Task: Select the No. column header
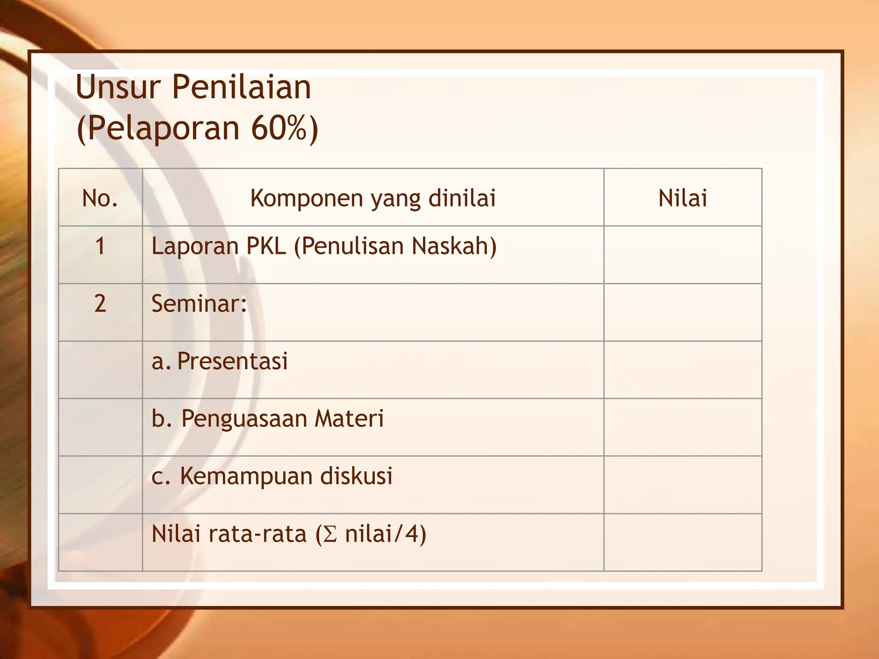[100, 198]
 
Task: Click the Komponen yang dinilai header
[373, 198]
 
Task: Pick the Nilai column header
[682, 198]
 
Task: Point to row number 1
[100, 246]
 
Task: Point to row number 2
[100, 304]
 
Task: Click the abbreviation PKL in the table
[266, 246]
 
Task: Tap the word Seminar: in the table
[199, 304]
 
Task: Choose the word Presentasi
[232, 361]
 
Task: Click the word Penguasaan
[244, 418]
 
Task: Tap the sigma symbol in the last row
[330, 535]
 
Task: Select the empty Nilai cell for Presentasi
[682, 370]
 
